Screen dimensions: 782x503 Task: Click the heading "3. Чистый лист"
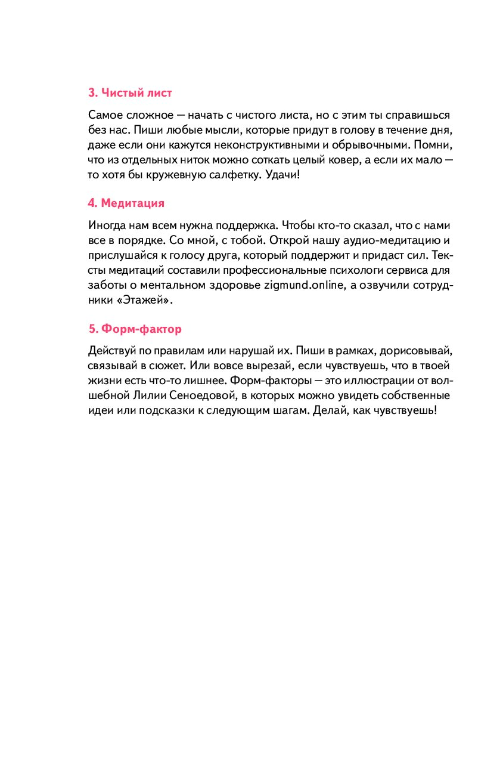130,93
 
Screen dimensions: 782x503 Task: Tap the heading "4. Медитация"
126,203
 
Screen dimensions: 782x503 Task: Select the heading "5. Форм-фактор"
135,329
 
